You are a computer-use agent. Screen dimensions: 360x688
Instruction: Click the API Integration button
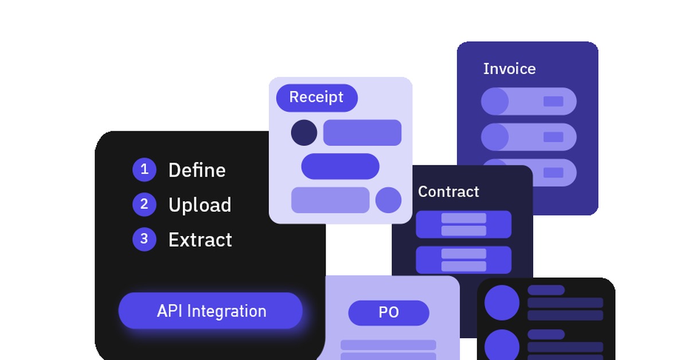pos(210,311)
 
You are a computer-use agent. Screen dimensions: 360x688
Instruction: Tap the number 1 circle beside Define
pos(144,170)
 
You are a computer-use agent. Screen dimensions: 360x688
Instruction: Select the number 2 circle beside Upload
pos(144,205)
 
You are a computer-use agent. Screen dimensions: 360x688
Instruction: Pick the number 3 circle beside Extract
pos(144,239)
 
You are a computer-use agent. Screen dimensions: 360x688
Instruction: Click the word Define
pos(197,170)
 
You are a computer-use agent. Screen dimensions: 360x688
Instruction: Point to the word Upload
pos(200,205)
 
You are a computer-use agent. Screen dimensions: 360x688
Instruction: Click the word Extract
pos(200,240)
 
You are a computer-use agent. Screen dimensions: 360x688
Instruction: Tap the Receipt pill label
pos(316,97)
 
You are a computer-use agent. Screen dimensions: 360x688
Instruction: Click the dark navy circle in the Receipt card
pos(304,132)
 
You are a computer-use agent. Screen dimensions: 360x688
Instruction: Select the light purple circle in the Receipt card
pos(388,200)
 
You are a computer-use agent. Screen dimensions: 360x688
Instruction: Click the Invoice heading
pos(509,69)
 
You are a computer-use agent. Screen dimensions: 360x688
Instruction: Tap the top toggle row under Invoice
pos(529,101)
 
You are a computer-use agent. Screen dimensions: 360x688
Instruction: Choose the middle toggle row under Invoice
pos(529,137)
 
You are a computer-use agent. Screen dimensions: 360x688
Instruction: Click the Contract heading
pos(448,191)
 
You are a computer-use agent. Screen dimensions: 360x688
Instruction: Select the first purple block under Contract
pos(463,224)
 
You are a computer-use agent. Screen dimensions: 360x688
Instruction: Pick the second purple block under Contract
pos(463,260)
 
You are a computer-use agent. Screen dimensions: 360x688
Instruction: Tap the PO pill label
pos(389,312)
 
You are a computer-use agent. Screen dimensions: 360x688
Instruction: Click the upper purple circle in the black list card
pos(502,303)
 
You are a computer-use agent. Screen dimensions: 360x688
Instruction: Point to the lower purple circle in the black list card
pos(502,346)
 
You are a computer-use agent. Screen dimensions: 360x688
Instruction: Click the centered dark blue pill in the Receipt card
pos(340,166)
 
